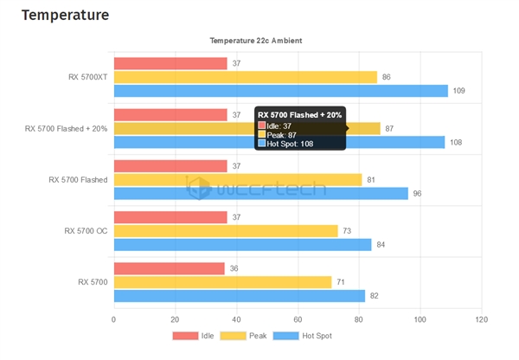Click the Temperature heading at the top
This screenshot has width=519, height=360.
(x=64, y=15)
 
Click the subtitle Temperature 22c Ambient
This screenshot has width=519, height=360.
(x=256, y=41)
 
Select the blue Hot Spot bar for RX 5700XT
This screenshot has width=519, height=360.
(x=280, y=91)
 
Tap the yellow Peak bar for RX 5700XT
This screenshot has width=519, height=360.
(x=245, y=77)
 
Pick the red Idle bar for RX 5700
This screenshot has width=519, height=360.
(x=169, y=268)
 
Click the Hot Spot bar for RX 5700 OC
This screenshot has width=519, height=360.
(x=242, y=245)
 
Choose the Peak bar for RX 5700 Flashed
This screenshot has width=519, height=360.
(x=238, y=180)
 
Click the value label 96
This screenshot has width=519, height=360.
(x=416, y=194)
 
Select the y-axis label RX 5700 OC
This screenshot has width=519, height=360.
(x=86, y=231)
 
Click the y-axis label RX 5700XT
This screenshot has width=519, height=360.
(x=88, y=77)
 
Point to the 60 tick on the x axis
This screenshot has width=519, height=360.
(x=298, y=318)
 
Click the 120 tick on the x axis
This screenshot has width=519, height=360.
(x=481, y=318)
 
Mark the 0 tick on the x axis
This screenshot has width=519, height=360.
(x=114, y=318)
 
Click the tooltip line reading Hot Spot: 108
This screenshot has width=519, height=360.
(x=289, y=144)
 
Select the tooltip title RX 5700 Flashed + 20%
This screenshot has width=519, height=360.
(x=299, y=115)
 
